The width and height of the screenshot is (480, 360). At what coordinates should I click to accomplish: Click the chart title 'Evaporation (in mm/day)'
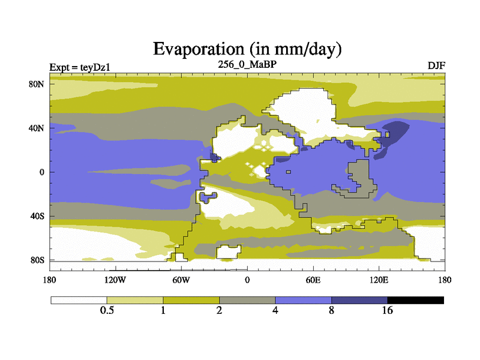point(247,49)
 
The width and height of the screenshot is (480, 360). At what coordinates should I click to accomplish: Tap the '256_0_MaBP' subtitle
point(247,64)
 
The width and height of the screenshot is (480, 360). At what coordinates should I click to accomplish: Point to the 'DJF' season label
point(436,65)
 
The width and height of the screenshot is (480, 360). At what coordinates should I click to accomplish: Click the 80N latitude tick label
point(37,84)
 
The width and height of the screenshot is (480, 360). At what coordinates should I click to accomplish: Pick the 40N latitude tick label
point(37,128)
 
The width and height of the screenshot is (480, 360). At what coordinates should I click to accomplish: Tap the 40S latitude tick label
point(38,216)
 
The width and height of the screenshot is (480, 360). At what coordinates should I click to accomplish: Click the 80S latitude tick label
point(38,260)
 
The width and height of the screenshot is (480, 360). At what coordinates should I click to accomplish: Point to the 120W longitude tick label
point(115,280)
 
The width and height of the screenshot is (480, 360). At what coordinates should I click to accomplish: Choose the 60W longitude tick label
point(181,280)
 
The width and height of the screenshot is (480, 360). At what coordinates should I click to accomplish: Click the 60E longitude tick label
point(313,280)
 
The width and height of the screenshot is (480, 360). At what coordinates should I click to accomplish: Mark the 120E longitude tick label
point(379,280)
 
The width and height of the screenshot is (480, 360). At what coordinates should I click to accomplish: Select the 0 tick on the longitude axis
point(247,280)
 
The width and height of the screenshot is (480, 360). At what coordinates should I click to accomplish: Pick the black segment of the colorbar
point(416,300)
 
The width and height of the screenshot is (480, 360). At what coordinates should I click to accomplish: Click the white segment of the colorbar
point(79,300)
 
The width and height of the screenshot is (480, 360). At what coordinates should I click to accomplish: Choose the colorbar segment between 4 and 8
point(304,300)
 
